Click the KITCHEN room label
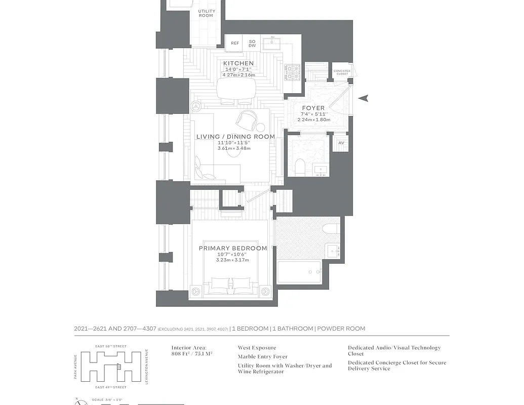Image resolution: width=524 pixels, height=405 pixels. point(238,63)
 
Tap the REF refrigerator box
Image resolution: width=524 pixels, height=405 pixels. point(235,44)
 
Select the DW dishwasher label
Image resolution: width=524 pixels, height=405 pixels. point(252,46)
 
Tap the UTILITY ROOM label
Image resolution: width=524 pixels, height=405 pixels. point(206,13)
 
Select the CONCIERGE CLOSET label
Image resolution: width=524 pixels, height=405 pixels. point(342,72)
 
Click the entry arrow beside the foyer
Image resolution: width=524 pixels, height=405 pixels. point(363,98)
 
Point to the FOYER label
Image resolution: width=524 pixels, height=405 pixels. point(313,108)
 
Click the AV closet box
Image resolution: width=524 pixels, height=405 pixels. point(341,143)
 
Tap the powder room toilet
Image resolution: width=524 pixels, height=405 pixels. point(299,167)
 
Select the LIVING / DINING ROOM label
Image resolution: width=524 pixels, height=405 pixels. point(235,137)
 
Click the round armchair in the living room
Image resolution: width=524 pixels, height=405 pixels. point(246,119)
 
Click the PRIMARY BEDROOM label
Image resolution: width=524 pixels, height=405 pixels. point(232,248)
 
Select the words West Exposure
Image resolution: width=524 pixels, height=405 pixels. point(257,348)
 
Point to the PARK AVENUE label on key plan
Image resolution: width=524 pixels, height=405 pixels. point(75,367)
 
